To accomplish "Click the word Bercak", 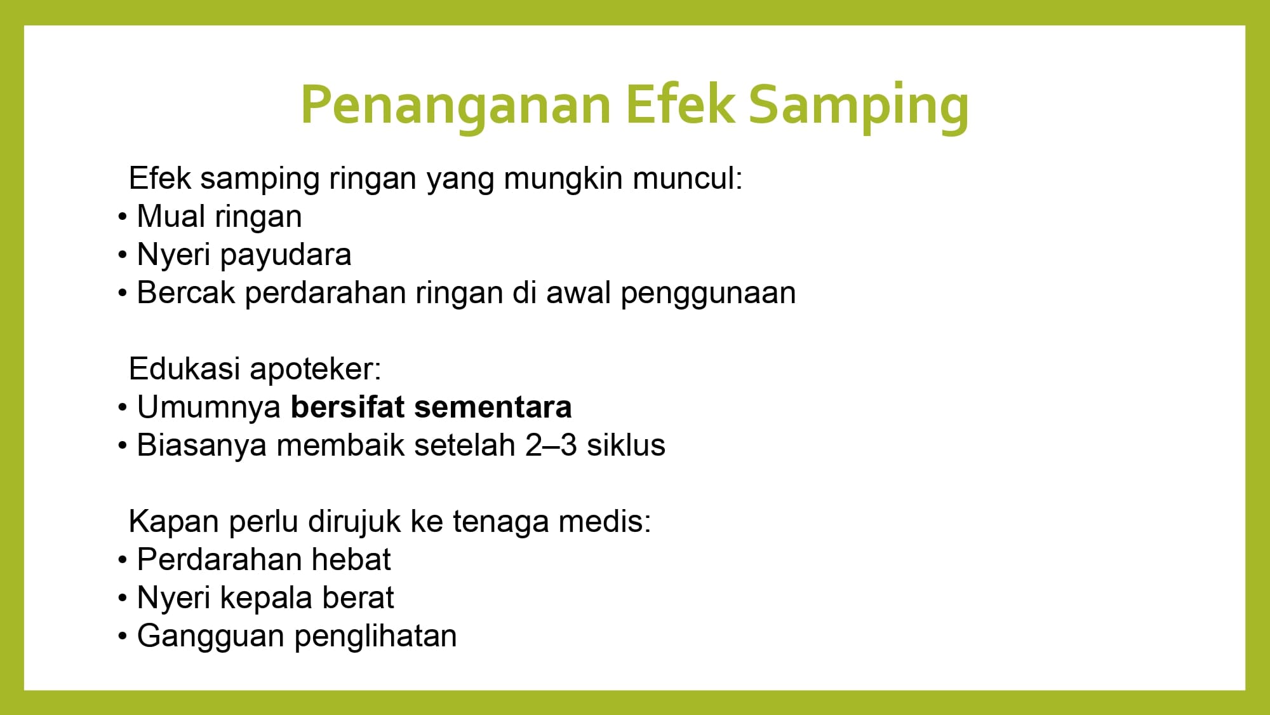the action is (186, 292).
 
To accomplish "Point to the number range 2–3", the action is (551, 445).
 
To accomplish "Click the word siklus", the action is (626, 445).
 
